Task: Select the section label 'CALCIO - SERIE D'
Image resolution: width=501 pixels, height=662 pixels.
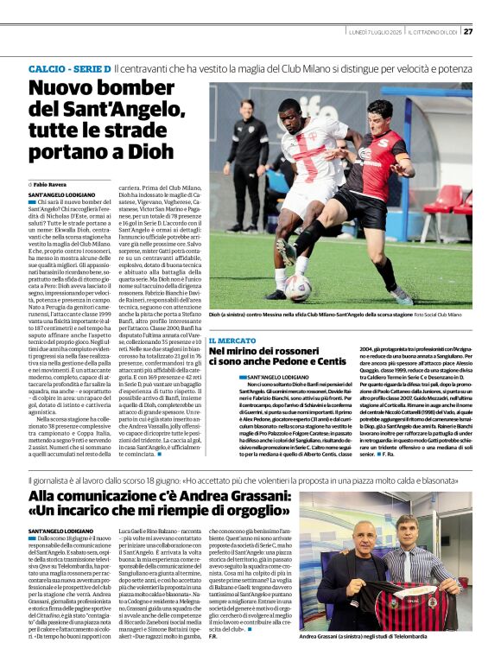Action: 69,67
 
